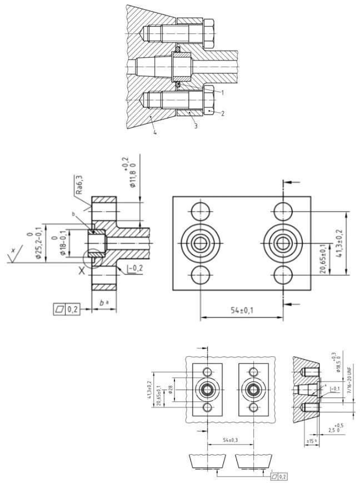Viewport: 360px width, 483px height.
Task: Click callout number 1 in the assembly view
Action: click(x=222, y=93)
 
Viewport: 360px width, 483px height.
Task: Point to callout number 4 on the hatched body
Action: click(x=154, y=132)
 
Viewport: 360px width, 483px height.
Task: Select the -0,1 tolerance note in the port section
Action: click(x=335, y=390)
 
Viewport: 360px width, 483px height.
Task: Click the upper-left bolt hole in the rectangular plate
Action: click(x=199, y=211)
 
